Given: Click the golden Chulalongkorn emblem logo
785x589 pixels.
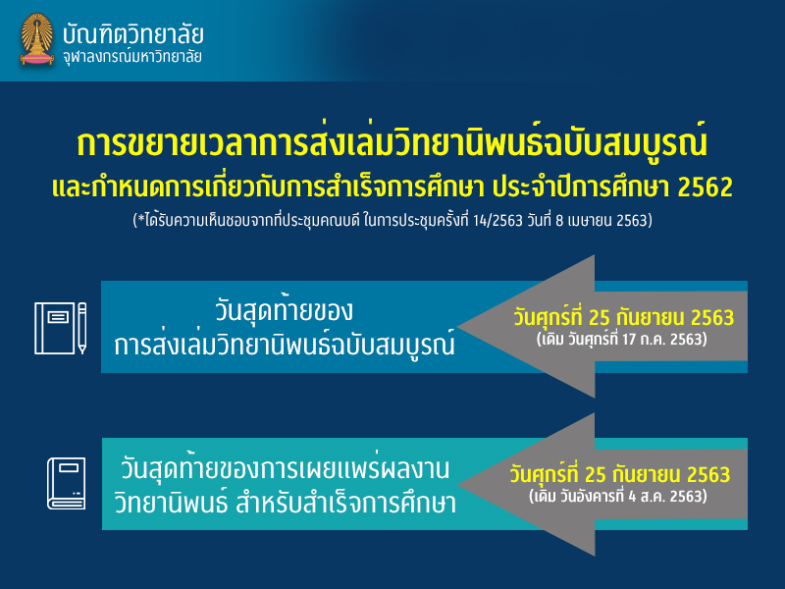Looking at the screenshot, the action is click(x=37, y=39).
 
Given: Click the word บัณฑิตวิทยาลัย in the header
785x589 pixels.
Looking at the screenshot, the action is click(x=133, y=33).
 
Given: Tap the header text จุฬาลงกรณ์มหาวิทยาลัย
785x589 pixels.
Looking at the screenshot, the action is click(x=132, y=56).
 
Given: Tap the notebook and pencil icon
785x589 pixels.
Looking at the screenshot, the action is click(x=61, y=328).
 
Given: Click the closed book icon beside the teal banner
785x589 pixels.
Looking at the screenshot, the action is click(x=67, y=484).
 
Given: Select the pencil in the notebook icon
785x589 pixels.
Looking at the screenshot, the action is click(x=82, y=328).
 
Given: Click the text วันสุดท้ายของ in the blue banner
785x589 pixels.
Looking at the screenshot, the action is click(x=284, y=310).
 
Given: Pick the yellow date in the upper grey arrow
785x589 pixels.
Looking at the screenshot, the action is click(x=624, y=317).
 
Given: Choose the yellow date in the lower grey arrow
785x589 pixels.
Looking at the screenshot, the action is click(x=620, y=474).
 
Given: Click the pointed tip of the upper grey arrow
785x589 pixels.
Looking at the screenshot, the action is click(x=458, y=327).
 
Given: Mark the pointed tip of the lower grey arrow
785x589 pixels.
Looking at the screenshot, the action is click(x=458, y=484).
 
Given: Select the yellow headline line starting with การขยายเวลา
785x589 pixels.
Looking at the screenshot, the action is click(x=392, y=142).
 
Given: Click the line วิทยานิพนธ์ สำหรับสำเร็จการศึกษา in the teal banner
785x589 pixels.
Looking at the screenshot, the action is click(x=286, y=504).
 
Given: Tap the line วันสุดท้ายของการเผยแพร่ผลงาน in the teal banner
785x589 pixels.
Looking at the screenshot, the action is click(x=285, y=469).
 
